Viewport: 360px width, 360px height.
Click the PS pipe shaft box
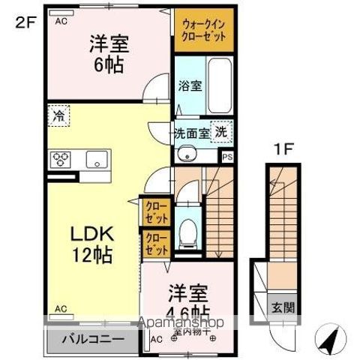click(x=227, y=156)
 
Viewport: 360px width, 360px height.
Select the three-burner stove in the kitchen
click(x=61, y=160)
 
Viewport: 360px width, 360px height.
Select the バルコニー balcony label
click(x=94, y=339)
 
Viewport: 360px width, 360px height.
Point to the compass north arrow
click(x=331, y=341)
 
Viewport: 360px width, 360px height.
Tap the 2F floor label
click(x=25, y=21)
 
